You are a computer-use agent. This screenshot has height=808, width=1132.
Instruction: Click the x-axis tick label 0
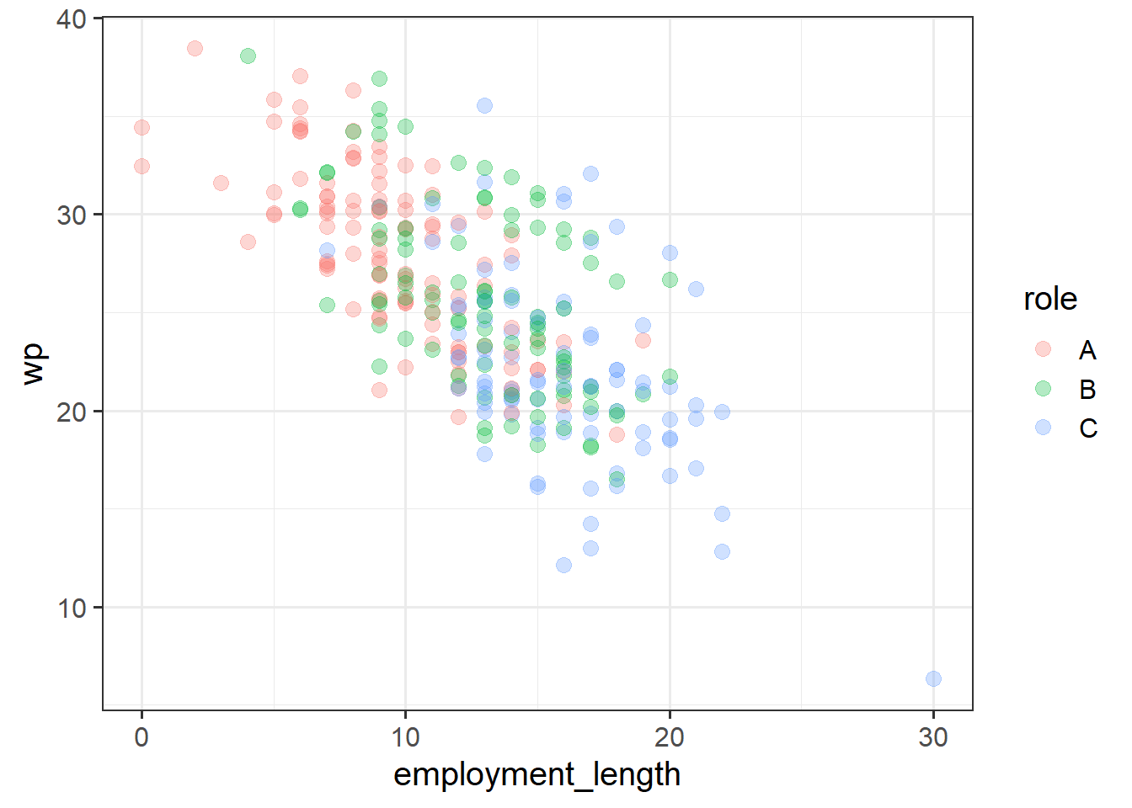(141, 737)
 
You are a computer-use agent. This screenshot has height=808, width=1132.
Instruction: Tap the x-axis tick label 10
(405, 737)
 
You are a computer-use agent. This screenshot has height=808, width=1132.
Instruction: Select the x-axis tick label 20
(670, 737)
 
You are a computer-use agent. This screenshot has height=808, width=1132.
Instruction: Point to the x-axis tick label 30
(933, 737)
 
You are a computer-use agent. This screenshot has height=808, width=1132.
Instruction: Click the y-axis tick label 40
(72, 19)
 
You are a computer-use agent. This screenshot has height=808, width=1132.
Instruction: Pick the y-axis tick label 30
(72, 215)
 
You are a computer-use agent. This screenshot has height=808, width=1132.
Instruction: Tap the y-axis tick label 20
(72, 412)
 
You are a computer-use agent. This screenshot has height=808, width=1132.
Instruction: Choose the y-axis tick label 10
(72, 608)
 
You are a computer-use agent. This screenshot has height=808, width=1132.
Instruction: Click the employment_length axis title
(537, 774)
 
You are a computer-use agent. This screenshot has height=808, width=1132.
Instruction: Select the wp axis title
(34, 364)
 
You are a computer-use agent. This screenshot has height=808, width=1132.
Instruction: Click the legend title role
(1050, 299)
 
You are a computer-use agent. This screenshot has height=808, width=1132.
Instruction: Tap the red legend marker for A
(1043, 349)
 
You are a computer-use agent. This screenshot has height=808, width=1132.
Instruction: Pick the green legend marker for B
(1043, 388)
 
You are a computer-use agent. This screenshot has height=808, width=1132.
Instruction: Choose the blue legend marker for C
(1043, 427)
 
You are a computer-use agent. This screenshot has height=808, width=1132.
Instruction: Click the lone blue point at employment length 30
(933, 678)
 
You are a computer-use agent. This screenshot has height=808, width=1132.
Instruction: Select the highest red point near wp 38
(195, 48)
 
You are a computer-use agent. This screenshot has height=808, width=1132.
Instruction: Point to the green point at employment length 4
(248, 56)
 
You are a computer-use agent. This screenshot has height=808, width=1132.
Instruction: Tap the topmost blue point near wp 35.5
(484, 105)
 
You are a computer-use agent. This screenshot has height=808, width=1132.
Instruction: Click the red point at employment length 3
(221, 183)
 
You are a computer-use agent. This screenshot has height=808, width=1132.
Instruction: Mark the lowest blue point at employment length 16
(563, 565)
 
